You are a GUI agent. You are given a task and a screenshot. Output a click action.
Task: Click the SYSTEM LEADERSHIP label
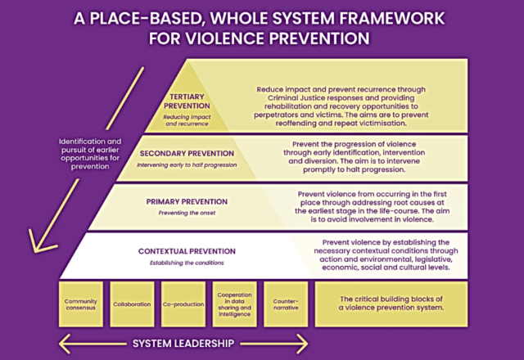[x=183, y=343]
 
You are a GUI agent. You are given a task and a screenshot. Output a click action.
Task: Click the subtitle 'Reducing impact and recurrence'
[x=187, y=121]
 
